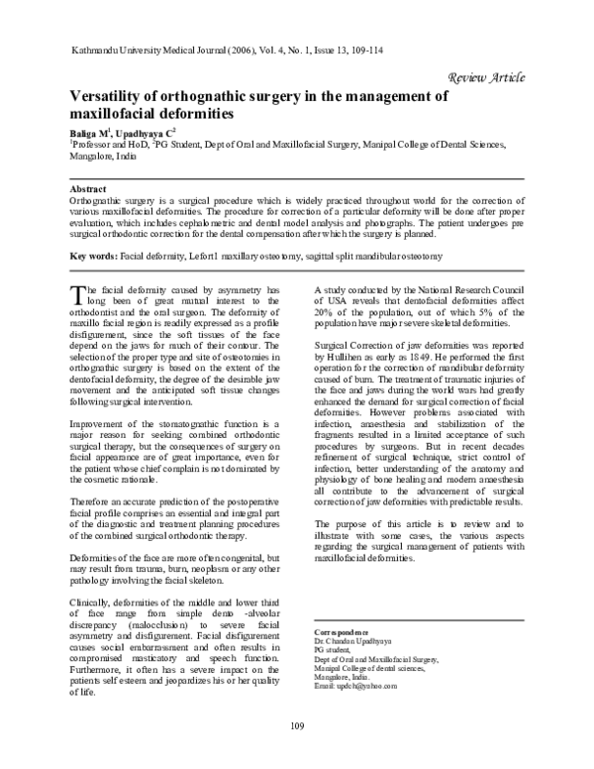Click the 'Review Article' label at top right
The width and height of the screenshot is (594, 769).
point(486,76)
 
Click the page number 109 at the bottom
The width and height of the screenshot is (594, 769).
point(296,729)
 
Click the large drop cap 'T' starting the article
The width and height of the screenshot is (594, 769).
point(78,293)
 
